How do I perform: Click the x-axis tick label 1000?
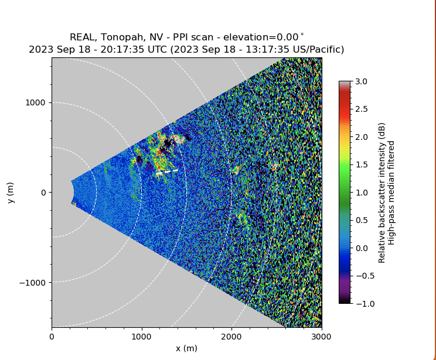tap(141, 337)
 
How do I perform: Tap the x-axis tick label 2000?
tap(231, 337)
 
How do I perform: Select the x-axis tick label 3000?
tap(321, 337)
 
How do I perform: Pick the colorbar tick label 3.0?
tap(362, 81)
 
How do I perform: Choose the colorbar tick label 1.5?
tap(362, 164)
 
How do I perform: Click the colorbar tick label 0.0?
tap(362, 248)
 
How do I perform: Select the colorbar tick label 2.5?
tap(362, 109)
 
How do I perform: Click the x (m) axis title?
tap(186, 348)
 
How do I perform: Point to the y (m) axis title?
tap(11, 193)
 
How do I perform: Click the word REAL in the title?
tap(83, 37)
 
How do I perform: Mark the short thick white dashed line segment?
tap(166, 172)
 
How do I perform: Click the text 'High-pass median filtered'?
tap(392, 192)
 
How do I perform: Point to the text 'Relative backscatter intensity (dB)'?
tap(382, 192)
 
